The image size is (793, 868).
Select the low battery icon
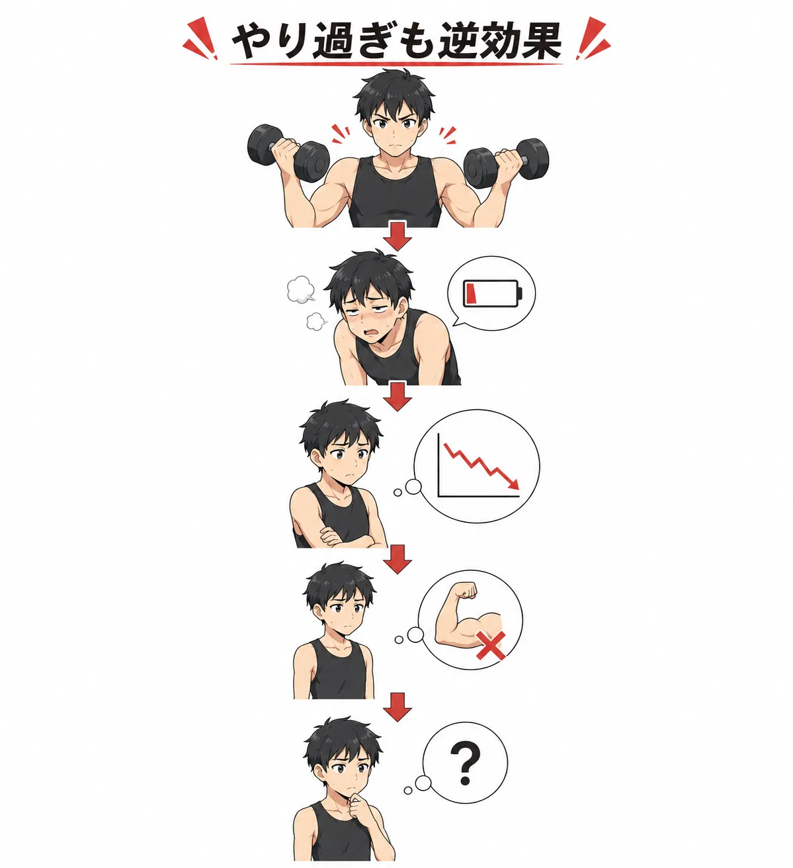(x=492, y=294)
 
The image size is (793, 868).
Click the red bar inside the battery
(x=472, y=294)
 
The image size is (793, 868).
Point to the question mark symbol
(x=466, y=764)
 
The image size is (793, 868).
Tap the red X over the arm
(x=491, y=645)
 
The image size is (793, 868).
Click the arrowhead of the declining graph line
(x=513, y=484)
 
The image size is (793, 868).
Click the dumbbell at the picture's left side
(x=288, y=153)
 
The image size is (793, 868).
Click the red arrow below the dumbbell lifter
(x=397, y=236)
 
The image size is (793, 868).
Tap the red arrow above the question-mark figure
(x=397, y=707)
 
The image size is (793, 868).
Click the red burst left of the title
(x=200, y=38)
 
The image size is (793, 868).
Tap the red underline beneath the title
(x=396, y=64)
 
